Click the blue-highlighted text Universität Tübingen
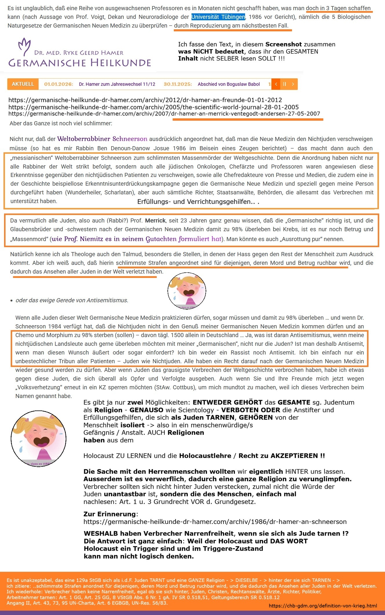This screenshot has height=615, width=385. coord(218,17)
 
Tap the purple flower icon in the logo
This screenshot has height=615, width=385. coord(24,46)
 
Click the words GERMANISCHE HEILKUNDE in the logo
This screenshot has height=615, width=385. coord(80,63)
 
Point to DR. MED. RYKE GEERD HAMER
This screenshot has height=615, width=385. coord(79,53)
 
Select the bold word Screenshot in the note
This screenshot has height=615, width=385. coord(282,44)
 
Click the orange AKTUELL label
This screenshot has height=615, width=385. coord(23,84)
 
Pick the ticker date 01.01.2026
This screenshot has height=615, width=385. coord(59,84)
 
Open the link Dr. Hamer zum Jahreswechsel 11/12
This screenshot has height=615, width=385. coord(117,84)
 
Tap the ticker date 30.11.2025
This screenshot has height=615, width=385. coord(178,84)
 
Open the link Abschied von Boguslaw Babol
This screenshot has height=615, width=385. coord(229,84)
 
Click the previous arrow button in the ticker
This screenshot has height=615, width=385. coord(276,84)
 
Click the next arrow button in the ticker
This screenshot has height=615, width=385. coord(293,84)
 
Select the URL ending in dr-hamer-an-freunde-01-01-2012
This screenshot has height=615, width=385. coord(145,100)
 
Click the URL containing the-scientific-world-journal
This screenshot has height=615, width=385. coord(154,107)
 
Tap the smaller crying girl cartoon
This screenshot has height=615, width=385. coord(187,291)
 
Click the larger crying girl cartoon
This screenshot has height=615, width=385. coord(39,438)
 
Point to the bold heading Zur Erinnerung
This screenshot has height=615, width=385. coord(110,514)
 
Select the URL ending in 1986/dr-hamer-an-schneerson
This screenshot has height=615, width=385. coord(215,522)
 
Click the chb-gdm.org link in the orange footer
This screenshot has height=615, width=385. coord(323,606)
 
